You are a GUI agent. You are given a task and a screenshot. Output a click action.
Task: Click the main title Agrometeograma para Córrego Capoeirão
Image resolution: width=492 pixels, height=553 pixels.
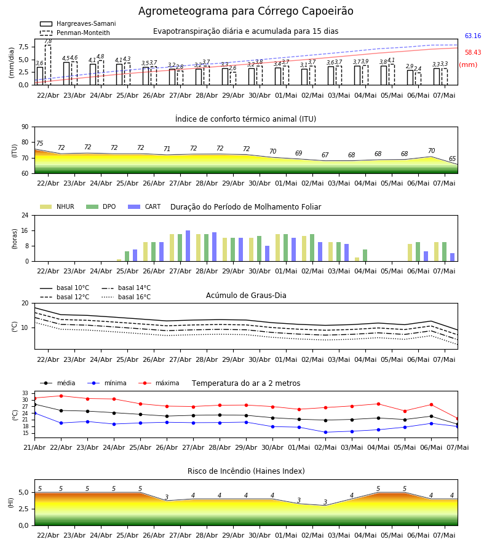tap(245, 11)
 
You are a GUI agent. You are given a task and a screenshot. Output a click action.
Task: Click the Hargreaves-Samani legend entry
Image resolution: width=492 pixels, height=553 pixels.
tap(77, 23)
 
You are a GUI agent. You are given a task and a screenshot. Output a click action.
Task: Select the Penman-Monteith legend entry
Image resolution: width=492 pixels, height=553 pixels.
tap(75, 33)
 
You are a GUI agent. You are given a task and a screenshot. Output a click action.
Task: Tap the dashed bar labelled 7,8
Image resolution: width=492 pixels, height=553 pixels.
tap(48, 65)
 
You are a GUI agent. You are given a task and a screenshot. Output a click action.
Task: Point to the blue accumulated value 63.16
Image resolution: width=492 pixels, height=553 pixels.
tap(473, 36)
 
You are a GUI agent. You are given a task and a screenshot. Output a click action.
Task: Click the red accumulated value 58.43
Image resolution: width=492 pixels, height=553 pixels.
tap(473, 52)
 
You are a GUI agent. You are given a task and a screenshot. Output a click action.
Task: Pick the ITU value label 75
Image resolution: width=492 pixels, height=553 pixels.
tap(39, 143)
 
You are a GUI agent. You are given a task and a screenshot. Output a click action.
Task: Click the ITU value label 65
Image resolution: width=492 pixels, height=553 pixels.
tap(452, 159)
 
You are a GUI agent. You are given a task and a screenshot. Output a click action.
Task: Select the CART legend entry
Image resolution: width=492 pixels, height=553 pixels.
tap(145, 206)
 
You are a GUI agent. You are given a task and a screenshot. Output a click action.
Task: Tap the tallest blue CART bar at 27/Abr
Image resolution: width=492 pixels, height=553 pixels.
tap(188, 246)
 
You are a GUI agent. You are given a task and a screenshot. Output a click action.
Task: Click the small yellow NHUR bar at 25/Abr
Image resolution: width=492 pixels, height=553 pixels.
tap(119, 261)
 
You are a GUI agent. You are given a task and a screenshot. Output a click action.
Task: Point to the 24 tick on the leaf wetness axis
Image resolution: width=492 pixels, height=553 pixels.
tap(25, 215)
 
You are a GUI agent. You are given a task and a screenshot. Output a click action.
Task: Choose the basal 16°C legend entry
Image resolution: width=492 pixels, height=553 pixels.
tap(126, 297)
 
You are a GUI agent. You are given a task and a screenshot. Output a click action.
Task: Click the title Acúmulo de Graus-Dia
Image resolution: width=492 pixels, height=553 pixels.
tap(246, 296)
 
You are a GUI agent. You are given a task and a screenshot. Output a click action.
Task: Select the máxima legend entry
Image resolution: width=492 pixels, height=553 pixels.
tap(159, 383)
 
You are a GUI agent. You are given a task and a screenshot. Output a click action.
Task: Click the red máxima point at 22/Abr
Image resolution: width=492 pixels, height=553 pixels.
tap(61, 396)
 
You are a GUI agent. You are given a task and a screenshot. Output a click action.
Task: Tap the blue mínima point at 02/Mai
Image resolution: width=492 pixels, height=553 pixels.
tap(325, 432)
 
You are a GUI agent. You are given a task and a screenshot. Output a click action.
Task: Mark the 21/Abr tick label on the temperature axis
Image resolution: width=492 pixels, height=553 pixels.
tap(34, 447)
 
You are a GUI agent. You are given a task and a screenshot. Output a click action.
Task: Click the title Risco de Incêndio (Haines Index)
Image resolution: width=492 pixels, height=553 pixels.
tap(246, 471)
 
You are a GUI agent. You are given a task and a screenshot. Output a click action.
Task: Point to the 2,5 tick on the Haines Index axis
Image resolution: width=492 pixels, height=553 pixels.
tap(23, 509)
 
